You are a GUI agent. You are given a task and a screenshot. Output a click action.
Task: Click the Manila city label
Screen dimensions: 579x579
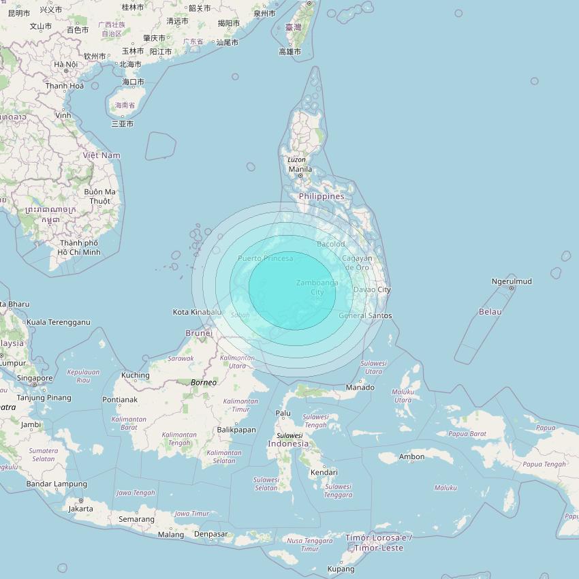pos(300,169)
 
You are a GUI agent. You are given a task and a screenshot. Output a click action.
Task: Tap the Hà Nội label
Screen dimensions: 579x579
pos(66,65)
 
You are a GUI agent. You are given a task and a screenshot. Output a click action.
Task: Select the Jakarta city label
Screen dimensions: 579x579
pos(80,508)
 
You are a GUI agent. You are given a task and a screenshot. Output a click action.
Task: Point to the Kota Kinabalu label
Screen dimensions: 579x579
pos(197,312)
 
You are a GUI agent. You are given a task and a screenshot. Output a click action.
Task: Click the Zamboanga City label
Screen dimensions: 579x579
pos(317,287)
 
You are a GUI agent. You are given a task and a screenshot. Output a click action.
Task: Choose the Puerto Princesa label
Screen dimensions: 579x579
pos(266,258)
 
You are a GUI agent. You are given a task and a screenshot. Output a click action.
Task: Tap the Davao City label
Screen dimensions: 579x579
pos(372,289)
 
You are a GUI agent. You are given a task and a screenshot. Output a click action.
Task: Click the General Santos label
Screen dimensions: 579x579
pos(366,315)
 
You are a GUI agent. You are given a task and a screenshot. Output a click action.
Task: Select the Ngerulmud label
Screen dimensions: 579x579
pos(512,281)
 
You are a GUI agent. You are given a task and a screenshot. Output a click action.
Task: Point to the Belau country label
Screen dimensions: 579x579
pos(490,311)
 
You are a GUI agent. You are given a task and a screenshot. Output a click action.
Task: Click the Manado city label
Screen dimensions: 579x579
pos(360,387)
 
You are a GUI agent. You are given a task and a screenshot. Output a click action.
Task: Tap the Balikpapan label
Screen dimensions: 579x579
pos(236,430)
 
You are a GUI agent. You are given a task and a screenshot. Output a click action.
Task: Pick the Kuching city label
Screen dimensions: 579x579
pos(135,375)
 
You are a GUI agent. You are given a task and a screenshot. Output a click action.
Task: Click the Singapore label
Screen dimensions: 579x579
pos(35,378)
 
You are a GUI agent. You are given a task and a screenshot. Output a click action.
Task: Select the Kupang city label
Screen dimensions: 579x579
pos(341,569)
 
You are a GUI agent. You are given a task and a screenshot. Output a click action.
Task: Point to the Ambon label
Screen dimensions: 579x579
pos(411,456)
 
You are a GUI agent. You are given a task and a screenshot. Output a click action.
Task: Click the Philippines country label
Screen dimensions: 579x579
pos(322,196)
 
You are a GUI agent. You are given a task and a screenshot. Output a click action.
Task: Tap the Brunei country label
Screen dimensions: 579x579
pos(199,333)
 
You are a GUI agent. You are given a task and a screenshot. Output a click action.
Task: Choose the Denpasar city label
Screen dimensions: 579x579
pos(210,534)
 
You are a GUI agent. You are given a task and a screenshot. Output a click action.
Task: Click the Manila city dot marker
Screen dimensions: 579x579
pos(300,176)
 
